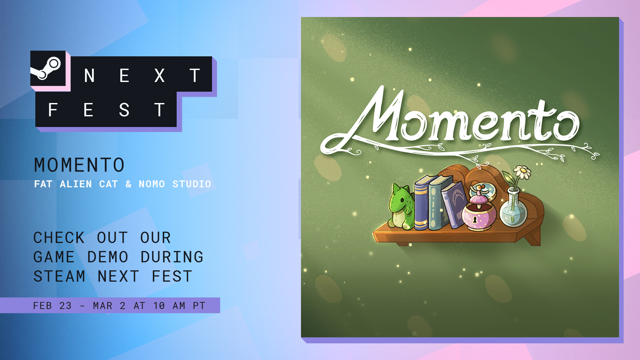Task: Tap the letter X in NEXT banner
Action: pos(160,76)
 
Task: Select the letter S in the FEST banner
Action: pos(124,110)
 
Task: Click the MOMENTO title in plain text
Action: pos(79,165)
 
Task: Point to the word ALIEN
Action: pos(76,184)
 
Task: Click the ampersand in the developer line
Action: pos(129,184)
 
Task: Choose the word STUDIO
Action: pos(192,184)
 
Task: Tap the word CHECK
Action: pos(59,238)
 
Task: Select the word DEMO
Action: pos(108,257)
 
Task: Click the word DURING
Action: pos(172,257)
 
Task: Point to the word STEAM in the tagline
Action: pos(59,276)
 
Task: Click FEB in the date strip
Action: pos(42,306)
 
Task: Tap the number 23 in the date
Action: pos(65,306)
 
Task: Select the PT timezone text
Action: pos(199,306)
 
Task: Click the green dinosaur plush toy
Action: pos(401,207)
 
